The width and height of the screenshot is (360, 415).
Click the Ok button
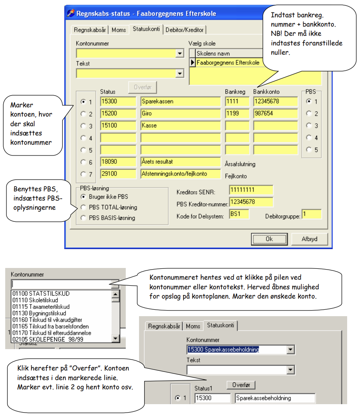point(269,239)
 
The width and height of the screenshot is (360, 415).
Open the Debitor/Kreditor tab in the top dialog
point(184,30)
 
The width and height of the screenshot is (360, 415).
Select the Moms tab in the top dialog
point(119,30)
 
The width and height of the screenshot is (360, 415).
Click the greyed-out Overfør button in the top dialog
point(142,87)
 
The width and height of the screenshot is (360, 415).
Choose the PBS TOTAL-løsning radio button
point(84,207)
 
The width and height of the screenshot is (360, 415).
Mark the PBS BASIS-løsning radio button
point(84,218)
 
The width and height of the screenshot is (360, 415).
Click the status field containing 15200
point(118,114)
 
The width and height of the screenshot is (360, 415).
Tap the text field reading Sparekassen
point(180,101)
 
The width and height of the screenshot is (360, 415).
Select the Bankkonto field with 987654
point(275,114)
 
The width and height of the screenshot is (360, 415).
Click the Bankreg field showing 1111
point(237,101)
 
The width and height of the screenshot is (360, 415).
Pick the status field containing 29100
point(118,174)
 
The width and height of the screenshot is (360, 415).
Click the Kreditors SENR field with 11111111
point(251,190)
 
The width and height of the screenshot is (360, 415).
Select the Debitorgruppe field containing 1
point(312,214)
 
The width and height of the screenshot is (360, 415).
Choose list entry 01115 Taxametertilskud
point(41,307)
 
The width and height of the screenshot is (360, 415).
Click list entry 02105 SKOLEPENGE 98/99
point(48,339)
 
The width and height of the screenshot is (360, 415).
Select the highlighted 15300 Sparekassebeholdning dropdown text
point(223,350)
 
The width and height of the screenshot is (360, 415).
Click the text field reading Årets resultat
point(180,162)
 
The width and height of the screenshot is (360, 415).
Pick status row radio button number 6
point(84,162)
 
